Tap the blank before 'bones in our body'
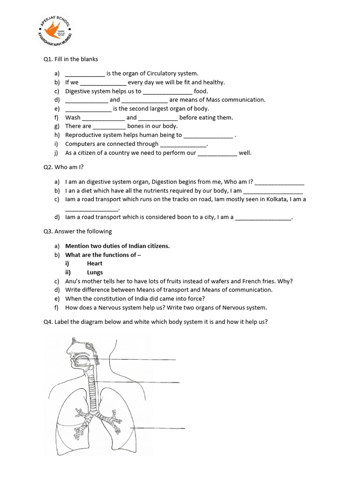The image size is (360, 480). click(x=109, y=127)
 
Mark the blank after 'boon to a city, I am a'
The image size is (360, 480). click(x=263, y=217)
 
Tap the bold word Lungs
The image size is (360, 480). click(x=95, y=272)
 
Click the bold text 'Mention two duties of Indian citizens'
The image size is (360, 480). click(x=117, y=246)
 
